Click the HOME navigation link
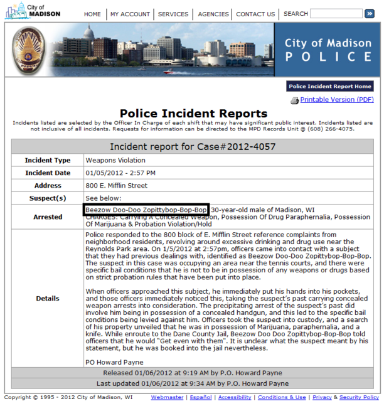click(92, 14)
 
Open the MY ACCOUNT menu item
click(130, 14)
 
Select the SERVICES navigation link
click(173, 14)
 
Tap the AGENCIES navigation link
click(213, 14)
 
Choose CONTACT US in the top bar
click(255, 14)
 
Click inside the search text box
click(335, 13)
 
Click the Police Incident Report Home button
click(330, 87)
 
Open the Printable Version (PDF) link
click(336, 100)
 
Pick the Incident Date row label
click(48, 173)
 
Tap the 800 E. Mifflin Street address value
click(117, 186)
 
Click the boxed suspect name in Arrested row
click(146, 209)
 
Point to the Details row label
click(48, 299)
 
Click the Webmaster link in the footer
click(168, 397)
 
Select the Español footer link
click(201, 397)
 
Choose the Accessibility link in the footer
click(235, 397)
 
